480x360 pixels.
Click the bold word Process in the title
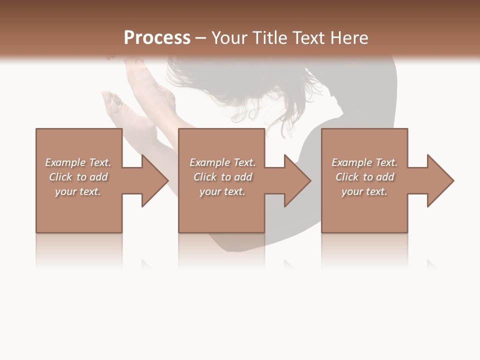click(157, 38)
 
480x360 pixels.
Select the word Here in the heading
click(349, 38)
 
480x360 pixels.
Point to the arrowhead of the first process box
click(154, 180)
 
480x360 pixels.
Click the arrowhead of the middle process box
click(297, 180)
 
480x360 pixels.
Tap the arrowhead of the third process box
click(440, 180)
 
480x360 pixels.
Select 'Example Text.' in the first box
click(78, 162)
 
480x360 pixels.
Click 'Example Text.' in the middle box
click(222, 162)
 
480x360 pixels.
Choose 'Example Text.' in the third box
click(364, 162)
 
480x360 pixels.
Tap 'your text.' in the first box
click(78, 191)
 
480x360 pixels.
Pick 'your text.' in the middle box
click(222, 191)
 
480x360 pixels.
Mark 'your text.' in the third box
click(364, 191)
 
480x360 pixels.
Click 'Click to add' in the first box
click(78, 177)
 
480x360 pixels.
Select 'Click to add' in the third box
click(364, 177)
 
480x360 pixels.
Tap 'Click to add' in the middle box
click(222, 177)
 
